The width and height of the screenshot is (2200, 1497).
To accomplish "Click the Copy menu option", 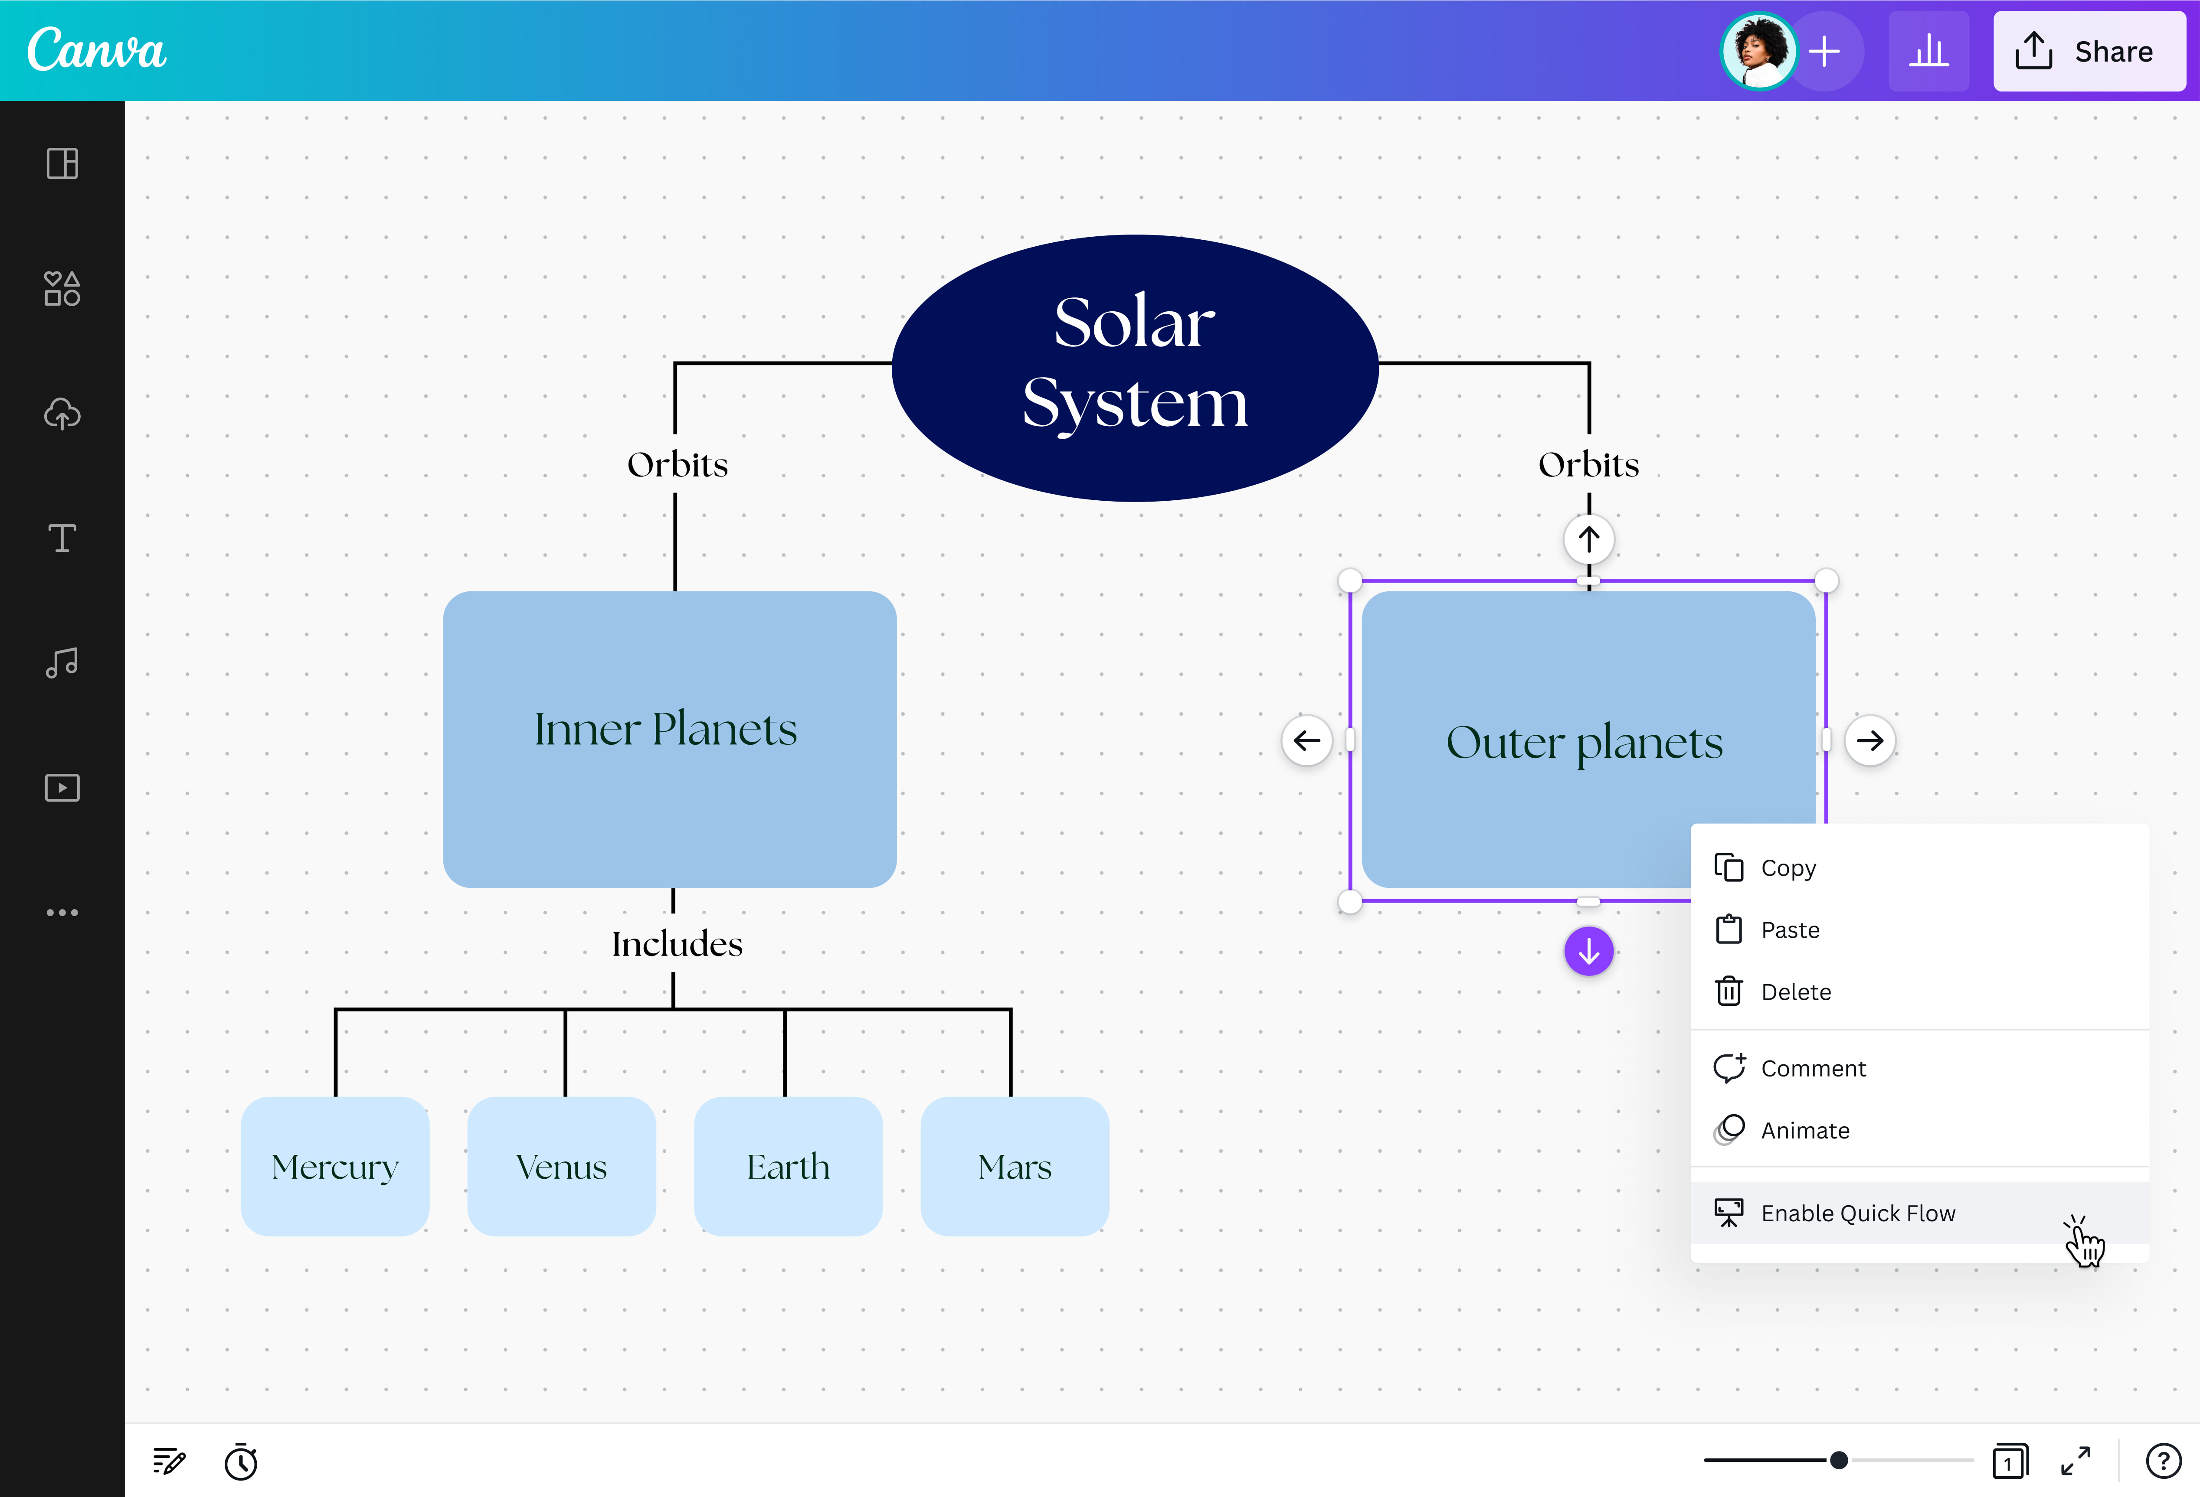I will coord(1787,868).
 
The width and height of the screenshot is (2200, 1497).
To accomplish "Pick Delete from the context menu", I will coord(1795,991).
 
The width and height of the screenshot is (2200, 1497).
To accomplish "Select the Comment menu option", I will coord(1812,1068).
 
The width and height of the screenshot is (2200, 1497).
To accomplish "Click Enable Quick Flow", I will coord(1857,1213).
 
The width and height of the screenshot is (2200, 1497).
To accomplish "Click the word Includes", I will coord(677,943).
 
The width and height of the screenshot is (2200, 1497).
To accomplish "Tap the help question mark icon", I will coord(2163,1461).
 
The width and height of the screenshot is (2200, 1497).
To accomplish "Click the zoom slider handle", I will coord(1838,1460).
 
